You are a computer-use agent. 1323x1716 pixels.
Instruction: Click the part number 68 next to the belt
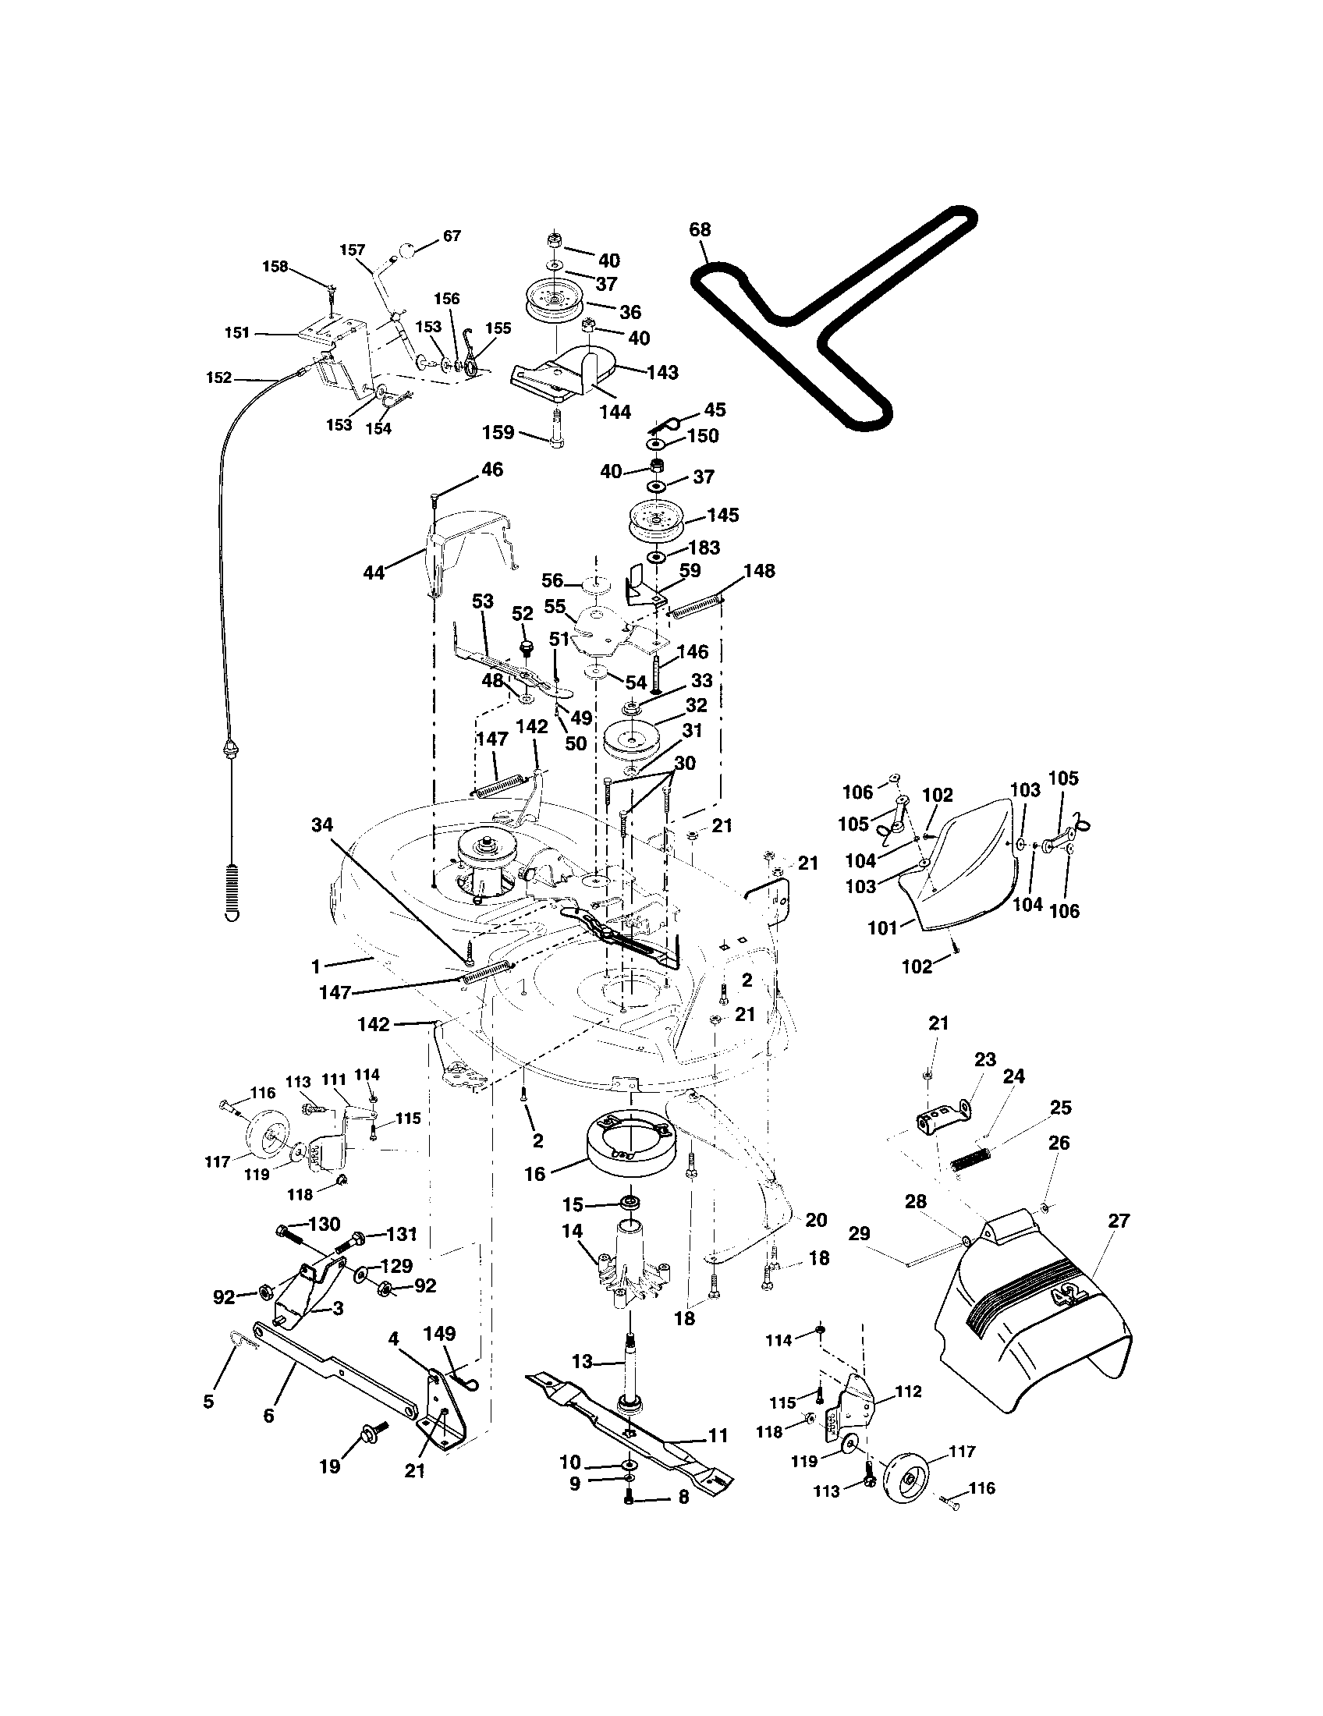pyautogui.click(x=699, y=229)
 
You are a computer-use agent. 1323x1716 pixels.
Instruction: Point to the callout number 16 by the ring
pyautogui.click(x=534, y=1174)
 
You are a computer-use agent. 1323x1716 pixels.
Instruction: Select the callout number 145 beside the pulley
pyautogui.click(x=722, y=515)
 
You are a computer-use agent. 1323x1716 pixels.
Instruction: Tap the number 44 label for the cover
pyautogui.click(x=373, y=573)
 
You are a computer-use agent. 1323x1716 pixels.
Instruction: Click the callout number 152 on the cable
pyautogui.click(x=218, y=378)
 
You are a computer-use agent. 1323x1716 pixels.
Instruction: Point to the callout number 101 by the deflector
pyautogui.click(x=881, y=928)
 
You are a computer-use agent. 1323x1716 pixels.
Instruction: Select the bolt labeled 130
pyautogui.click(x=293, y=1236)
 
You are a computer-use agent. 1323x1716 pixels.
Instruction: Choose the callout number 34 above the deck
pyautogui.click(x=321, y=824)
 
